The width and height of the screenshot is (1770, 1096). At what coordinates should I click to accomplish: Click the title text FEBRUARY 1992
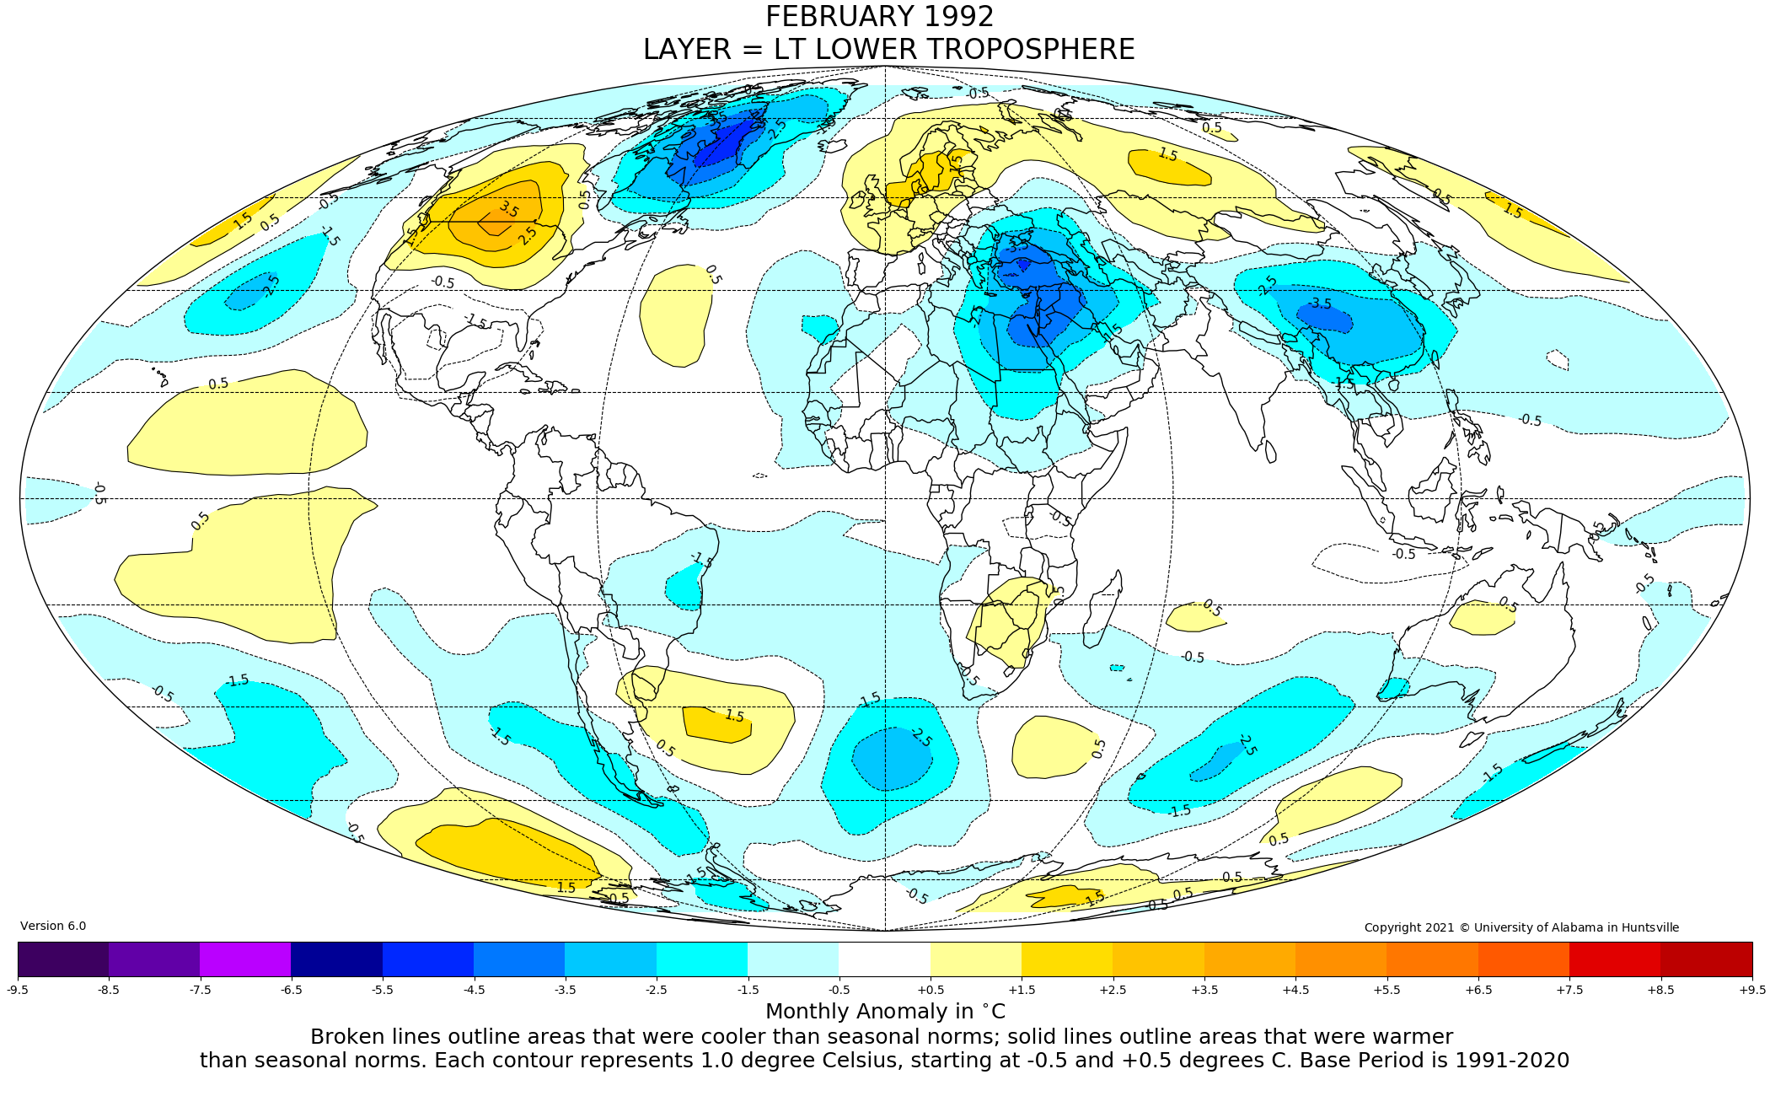click(879, 17)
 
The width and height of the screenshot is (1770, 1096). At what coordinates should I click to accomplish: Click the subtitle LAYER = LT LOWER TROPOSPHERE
click(888, 50)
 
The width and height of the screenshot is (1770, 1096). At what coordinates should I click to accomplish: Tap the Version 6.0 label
click(53, 926)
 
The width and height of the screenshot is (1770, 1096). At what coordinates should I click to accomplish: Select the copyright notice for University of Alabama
click(1521, 927)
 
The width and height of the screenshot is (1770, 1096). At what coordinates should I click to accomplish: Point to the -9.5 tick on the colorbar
click(18, 990)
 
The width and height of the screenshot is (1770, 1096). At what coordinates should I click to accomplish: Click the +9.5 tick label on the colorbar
click(1751, 990)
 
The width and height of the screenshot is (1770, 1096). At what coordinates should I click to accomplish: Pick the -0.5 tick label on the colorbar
click(839, 990)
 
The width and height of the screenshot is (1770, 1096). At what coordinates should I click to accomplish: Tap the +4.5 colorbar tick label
click(1295, 990)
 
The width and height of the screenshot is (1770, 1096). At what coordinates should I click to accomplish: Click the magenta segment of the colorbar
click(245, 959)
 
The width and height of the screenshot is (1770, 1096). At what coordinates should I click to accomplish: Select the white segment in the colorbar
click(884, 959)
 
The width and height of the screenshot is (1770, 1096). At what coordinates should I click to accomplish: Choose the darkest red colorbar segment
click(1706, 959)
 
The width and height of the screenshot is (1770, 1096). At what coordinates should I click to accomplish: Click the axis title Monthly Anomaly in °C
click(885, 1012)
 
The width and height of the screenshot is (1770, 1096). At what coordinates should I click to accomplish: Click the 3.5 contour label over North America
click(508, 209)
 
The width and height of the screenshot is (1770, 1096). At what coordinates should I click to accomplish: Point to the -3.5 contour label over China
click(1320, 304)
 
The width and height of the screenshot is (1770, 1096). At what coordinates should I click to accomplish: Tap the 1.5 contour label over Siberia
click(1167, 154)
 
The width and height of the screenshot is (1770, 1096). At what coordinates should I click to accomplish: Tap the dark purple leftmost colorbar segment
click(63, 959)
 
